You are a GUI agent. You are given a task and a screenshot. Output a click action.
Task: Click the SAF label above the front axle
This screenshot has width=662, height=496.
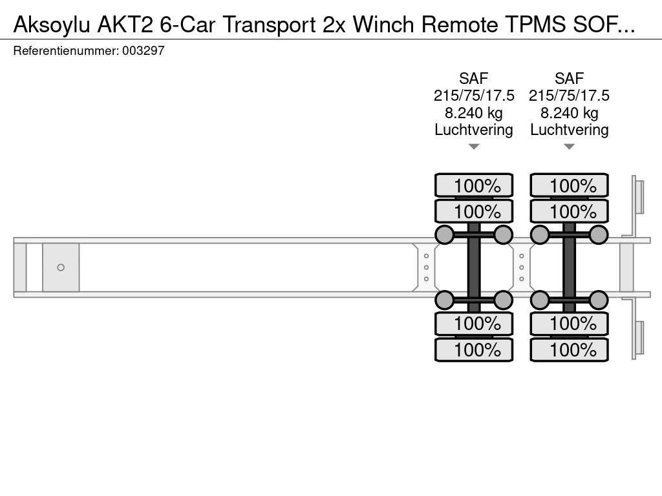click(473, 79)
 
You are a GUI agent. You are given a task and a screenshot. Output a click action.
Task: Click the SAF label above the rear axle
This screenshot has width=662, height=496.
click(569, 79)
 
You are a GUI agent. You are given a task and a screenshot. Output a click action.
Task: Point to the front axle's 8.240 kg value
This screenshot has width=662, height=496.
click(473, 113)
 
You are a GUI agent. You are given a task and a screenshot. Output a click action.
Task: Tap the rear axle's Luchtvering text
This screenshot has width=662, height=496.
click(569, 130)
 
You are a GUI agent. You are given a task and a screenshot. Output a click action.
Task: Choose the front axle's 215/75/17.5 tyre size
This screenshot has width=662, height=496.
click(473, 96)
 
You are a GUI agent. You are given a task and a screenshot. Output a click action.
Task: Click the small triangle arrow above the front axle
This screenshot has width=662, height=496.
click(474, 147)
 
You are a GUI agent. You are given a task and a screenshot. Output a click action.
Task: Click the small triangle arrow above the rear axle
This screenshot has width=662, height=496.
click(570, 147)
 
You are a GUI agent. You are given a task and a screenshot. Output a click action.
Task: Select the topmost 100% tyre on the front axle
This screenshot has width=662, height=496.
click(474, 186)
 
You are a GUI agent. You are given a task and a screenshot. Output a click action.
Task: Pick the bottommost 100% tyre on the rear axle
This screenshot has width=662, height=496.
click(570, 350)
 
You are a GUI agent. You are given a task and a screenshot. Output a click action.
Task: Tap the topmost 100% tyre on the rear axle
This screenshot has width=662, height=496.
click(570, 186)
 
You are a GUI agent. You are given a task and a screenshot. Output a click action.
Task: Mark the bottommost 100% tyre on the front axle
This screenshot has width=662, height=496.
click(474, 350)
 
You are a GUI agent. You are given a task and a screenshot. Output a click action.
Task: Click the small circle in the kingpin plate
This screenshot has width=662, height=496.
click(61, 267)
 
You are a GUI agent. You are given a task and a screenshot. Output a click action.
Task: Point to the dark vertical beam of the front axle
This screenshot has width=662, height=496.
click(474, 267)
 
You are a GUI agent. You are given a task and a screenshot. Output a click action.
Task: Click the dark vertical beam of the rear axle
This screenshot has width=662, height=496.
click(570, 267)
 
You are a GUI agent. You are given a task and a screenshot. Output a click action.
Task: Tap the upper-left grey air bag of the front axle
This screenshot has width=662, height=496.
click(444, 234)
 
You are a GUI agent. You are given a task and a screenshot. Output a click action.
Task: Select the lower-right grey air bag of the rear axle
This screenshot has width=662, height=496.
click(599, 300)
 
